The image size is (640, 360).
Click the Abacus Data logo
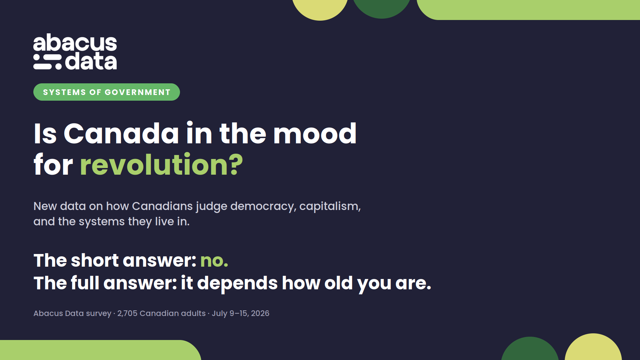pos(75,51)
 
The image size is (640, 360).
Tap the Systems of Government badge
pos(107,92)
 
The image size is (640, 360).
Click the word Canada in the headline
pos(121,133)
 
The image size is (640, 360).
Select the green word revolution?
pos(161,164)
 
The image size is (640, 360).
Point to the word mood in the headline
pos(315,133)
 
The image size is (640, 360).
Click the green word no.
pos(214,261)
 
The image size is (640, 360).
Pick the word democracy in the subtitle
pos(262,206)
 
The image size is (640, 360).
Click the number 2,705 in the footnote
pos(127,313)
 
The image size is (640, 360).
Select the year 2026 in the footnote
pos(260,313)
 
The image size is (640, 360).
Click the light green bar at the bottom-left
pos(100,350)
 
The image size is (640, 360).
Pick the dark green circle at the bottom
pos(530,349)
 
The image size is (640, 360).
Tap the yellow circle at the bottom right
pos(593,348)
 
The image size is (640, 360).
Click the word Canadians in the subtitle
pos(162,206)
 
